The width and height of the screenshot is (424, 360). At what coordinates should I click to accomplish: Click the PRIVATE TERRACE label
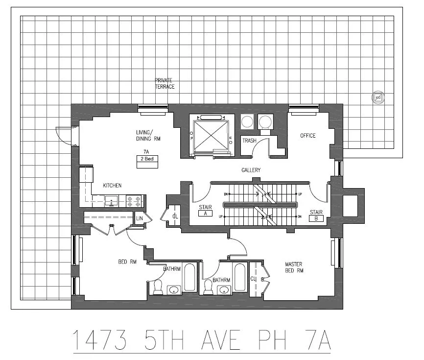click(165, 83)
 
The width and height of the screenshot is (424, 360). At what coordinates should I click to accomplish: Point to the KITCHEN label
click(112, 186)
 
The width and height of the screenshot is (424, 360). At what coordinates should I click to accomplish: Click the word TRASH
click(249, 141)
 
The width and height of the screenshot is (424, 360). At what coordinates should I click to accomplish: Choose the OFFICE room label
click(307, 136)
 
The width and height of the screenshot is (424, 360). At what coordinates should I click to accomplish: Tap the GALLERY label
click(251, 170)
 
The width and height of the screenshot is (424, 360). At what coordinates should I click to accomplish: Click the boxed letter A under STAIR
click(205, 214)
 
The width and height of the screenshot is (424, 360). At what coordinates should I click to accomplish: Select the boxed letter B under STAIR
click(316, 219)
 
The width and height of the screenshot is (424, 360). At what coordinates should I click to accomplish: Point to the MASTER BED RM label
click(294, 267)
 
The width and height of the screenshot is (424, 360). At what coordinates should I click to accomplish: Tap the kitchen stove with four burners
click(134, 200)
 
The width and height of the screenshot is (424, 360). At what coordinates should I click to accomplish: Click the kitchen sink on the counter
click(111, 200)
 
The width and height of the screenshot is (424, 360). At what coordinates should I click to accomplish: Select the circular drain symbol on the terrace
click(377, 97)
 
